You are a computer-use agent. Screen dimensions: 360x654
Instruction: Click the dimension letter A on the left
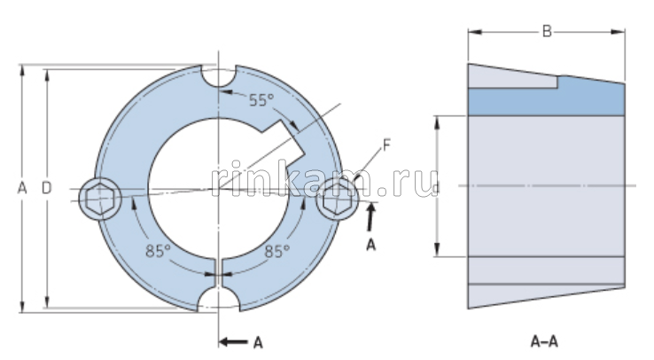21,187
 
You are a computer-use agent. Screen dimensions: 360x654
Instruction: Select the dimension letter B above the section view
547,32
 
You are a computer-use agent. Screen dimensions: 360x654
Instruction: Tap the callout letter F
387,143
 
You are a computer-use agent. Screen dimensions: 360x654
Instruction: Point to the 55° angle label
261,99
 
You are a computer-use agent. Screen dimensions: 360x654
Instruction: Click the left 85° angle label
158,251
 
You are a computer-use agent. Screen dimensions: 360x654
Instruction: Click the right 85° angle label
276,251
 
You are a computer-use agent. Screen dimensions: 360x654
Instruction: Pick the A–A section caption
544,340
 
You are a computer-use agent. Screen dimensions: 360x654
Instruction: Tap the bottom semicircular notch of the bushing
218,298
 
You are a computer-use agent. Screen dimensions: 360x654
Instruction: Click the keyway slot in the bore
289,135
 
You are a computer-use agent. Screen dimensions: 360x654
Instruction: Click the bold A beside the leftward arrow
258,340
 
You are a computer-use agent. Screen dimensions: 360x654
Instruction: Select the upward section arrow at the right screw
371,215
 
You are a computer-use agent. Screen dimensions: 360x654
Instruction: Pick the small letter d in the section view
438,186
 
